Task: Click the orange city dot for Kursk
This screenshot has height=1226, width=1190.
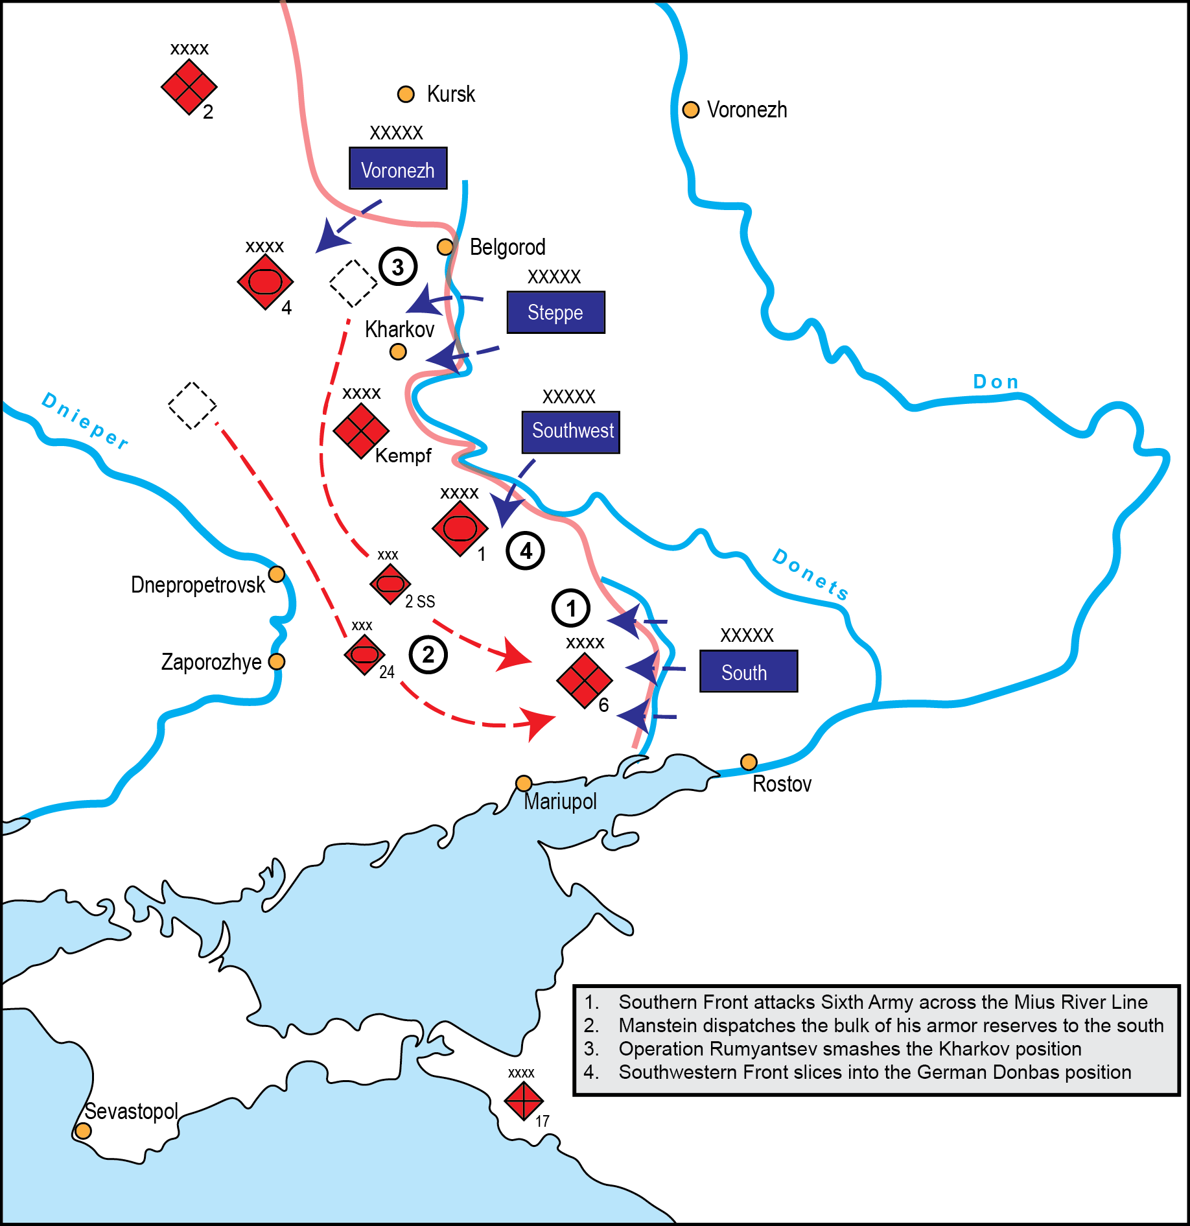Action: pyautogui.click(x=406, y=95)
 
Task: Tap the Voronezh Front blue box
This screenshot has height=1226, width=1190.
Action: pyautogui.click(x=398, y=169)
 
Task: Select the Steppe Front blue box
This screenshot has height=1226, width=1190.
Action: pyautogui.click(x=555, y=312)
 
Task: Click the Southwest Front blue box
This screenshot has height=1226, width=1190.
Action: pyautogui.click(x=570, y=432)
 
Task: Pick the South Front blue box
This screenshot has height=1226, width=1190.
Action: pyautogui.click(x=748, y=672)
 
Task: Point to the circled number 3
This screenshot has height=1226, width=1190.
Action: pyautogui.click(x=398, y=266)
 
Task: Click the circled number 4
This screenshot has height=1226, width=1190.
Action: pyautogui.click(x=525, y=551)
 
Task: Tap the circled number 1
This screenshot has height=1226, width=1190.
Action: pyautogui.click(x=570, y=608)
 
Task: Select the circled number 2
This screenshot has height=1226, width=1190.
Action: pyautogui.click(x=428, y=655)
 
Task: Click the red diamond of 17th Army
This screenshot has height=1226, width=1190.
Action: pyautogui.click(x=524, y=1100)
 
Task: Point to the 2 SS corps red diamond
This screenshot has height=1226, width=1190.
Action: pyautogui.click(x=390, y=584)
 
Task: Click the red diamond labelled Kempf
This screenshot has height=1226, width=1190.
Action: pyautogui.click(x=361, y=431)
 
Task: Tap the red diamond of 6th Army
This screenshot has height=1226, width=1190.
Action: pyautogui.click(x=584, y=681)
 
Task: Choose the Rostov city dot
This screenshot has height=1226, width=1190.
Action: pyautogui.click(x=749, y=762)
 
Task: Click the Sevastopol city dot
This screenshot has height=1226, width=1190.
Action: pyautogui.click(x=83, y=1131)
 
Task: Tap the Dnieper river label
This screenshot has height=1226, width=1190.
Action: pyautogui.click(x=85, y=421)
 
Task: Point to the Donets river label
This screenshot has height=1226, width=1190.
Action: pyautogui.click(x=810, y=574)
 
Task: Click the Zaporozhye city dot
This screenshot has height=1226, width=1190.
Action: pyautogui.click(x=277, y=661)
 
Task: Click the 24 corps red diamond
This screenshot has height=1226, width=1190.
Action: pyautogui.click(x=364, y=655)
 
